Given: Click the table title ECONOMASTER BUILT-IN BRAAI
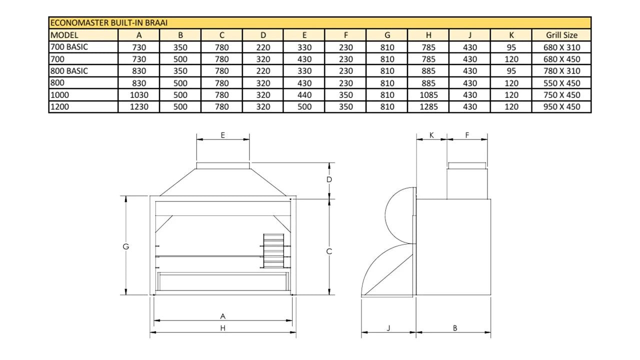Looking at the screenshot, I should [x=109, y=23].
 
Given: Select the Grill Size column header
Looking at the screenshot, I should [x=561, y=35].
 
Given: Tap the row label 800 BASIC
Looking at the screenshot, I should [x=69, y=71].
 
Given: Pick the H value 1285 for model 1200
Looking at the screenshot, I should [x=428, y=106].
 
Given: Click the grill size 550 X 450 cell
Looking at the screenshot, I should [x=561, y=83].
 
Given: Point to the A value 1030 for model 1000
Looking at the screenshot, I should [x=138, y=95].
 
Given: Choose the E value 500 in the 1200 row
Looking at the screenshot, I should [x=304, y=106].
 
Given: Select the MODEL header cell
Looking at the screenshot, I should [x=64, y=35].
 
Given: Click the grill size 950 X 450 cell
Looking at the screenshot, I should [x=561, y=106].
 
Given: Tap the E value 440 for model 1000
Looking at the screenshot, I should [x=304, y=95].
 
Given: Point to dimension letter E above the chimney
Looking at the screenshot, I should [x=223, y=135].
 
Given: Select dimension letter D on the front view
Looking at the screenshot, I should [x=329, y=179].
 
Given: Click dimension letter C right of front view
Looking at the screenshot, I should [x=329, y=252].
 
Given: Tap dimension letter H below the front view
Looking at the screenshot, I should [x=223, y=328].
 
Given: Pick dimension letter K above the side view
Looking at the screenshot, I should [x=431, y=135].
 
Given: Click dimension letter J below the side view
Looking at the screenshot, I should [x=388, y=328].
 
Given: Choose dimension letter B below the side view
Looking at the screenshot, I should [x=454, y=328].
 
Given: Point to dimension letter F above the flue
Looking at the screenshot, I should [x=467, y=135].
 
